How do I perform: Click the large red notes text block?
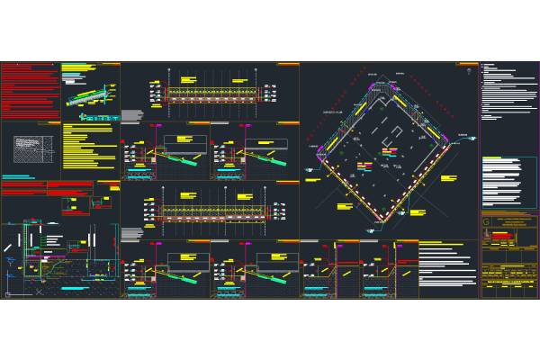tap(29, 90)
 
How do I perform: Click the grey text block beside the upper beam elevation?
tap(132, 115)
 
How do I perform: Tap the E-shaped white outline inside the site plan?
tap(394, 133)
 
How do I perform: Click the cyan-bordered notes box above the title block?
tap(508, 184)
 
